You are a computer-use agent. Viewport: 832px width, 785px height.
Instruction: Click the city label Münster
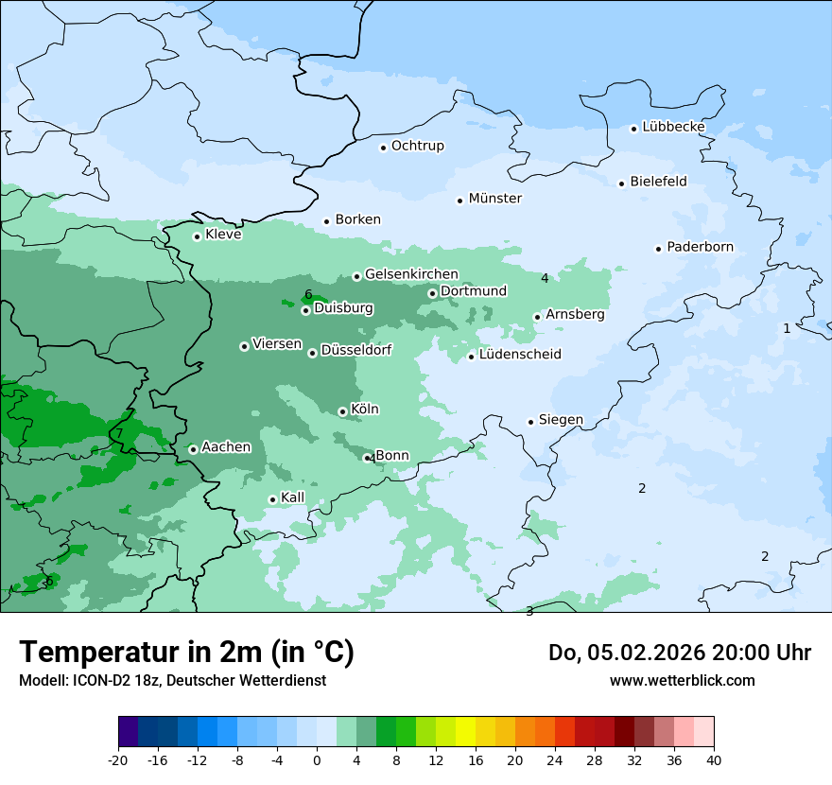click(494, 199)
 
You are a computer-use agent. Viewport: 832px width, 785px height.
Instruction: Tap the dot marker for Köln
click(342, 411)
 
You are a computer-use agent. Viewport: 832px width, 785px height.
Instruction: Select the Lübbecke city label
click(673, 127)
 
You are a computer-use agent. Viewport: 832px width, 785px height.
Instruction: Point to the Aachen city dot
click(193, 449)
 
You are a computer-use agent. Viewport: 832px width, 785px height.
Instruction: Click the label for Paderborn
click(700, 247)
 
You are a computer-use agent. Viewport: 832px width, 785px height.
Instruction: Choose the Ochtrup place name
click(417, 146)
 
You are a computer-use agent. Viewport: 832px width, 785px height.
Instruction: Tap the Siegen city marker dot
click(531, 422)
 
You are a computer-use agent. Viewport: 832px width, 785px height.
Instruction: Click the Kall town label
click(292, 497)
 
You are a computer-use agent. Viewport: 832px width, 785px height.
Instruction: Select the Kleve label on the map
click(223, 235)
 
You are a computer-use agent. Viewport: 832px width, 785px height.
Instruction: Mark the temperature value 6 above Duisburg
click(308, 294)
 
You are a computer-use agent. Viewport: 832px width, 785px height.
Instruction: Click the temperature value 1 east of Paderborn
click(787, 328)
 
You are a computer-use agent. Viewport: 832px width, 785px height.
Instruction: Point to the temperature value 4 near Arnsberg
click(545, 278)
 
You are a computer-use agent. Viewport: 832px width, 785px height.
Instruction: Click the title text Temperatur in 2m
click(186, 653)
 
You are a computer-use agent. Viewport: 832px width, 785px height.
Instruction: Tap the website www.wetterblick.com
click(682, 680)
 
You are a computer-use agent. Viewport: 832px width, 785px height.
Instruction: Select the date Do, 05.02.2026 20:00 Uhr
click(679, 653)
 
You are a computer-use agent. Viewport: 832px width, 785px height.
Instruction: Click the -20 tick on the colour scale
click(118, 759)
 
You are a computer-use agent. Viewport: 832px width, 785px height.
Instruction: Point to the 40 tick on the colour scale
click(713, 759)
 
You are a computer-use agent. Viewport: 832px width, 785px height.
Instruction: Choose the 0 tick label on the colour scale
click(317, 759)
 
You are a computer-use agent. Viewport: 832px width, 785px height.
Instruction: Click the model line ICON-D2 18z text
click(172, 680)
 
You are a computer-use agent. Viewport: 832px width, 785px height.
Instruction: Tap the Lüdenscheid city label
click(520, 355)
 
